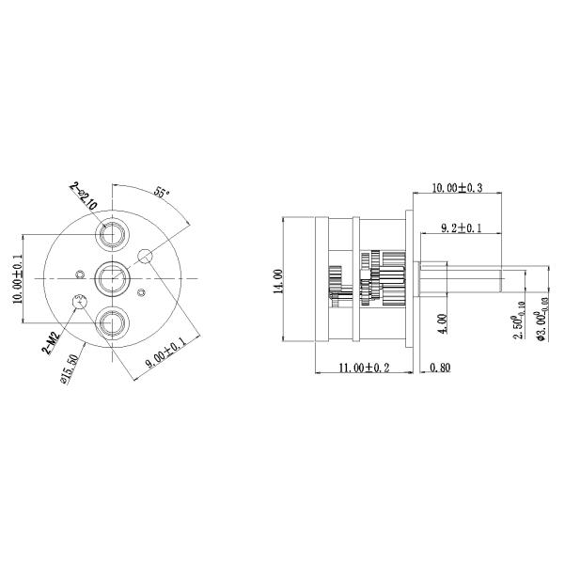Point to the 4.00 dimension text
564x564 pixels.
click(x=443, y=324)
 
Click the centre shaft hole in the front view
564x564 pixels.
click(x=113, y=278)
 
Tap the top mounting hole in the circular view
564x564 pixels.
click(x=113, y=231)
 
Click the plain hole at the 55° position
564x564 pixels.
click(x=146, y=256)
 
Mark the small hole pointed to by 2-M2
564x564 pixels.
click(x=80, y=302)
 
